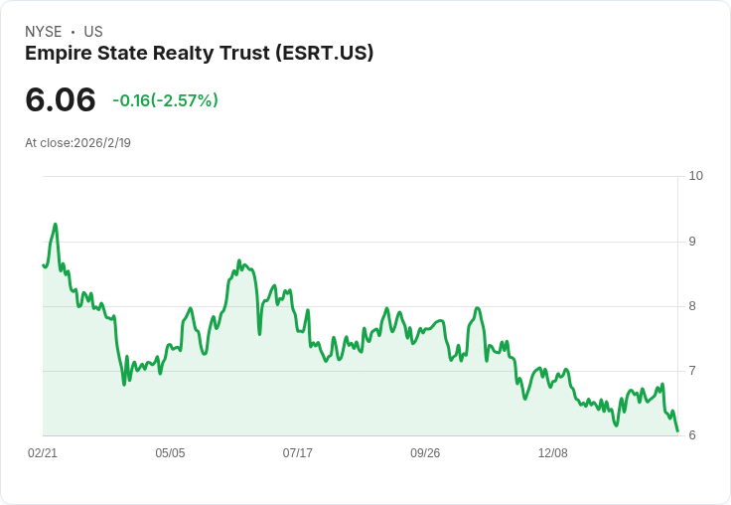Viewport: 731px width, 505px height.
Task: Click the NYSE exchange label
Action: coord(44,32)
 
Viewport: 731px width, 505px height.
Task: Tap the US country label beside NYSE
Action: coord(93,32)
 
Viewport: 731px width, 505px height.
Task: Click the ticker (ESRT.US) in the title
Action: coord(324,54)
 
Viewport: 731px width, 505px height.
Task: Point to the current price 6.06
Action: coord(61,100)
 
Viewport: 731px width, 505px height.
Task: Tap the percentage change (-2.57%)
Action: coord(184,100)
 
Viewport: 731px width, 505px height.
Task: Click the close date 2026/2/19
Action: coord(102,143)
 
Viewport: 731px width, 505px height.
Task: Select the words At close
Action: coord(48,143)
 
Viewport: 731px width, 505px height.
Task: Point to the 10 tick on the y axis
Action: coord(695,176)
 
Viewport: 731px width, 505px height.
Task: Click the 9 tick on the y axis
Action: coord(692,242)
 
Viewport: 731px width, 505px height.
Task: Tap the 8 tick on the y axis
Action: coord(692,306)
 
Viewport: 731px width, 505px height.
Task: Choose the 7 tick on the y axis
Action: coord(692,371)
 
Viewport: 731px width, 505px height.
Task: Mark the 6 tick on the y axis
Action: coord(692,435)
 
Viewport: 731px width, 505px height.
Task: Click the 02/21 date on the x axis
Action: coord(43,453)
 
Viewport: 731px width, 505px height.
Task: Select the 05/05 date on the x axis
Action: coord(170,453)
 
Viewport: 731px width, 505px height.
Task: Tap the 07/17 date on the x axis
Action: coord(298,453)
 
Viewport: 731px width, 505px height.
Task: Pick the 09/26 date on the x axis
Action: coord(425,453)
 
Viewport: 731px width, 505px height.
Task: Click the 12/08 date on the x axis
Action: coord(553,453)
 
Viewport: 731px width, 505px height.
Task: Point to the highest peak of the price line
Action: coord(56,225)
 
